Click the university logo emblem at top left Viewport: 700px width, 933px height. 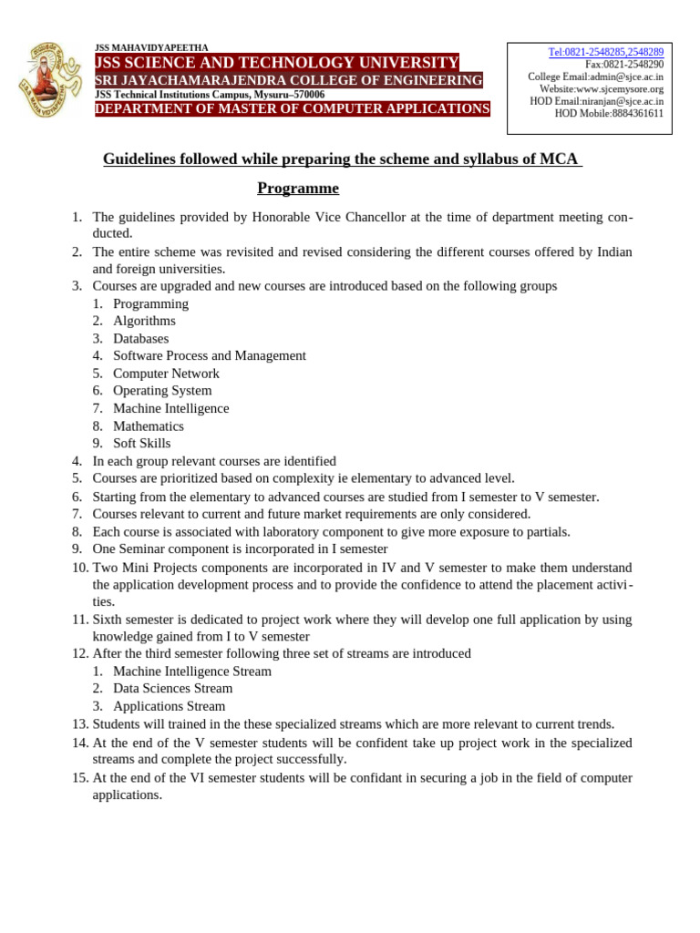click(x=51, y=80)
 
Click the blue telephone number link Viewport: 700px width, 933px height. click(x=605, y=53)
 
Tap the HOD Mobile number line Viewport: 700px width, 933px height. click(x=609, y=114)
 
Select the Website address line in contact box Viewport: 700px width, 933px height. click(x=601, y=89)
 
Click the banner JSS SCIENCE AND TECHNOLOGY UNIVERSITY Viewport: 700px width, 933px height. click(x=277, y=63)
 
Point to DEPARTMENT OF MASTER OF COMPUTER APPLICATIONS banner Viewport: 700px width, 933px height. click(x=293, y=109)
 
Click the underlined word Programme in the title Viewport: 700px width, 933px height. click(x=298, y=189)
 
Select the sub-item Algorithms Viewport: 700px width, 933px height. click(x=144, y=321)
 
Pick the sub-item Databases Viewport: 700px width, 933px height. click(x=140, y=338)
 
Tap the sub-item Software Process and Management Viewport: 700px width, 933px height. click(x=209, y=355)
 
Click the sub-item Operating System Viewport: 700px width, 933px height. click(x=162, y=391)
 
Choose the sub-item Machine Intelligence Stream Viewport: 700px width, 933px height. click(x=191, y=672)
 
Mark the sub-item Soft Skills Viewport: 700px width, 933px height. click(x=141, y=444)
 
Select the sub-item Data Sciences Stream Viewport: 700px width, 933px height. click(x=173, y=689)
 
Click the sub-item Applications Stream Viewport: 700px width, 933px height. click(x=169, y=706)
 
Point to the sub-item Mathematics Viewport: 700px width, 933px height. click(x=148, y=426)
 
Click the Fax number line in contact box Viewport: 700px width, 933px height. click(x=624, y=65)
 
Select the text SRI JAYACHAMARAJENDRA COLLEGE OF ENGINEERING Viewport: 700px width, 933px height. click(x=289, y=81)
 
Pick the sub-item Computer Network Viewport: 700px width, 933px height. click(x=166, y=374)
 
